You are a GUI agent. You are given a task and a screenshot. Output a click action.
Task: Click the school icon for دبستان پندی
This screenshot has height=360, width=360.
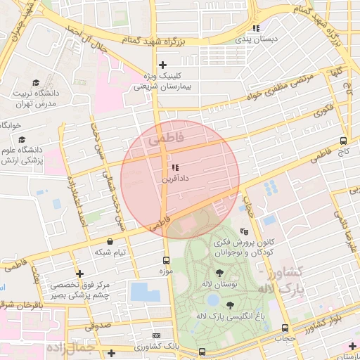pyautogui.click(x=257, y=28)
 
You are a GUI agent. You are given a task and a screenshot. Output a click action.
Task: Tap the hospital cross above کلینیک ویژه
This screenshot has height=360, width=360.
pyautogui.click(x=162, y=65)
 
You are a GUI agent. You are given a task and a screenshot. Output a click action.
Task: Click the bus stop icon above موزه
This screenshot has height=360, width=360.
pyautogui.click(x=167, y=259)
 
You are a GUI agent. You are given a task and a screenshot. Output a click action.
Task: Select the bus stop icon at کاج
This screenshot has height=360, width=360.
pyautogui.click(x=343, y=140)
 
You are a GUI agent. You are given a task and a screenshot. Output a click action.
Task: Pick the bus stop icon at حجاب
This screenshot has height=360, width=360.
pyautogui.click(x=285, y=328)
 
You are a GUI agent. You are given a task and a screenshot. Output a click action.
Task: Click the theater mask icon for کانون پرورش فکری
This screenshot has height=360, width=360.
pyautogui.click(x=244, y=231)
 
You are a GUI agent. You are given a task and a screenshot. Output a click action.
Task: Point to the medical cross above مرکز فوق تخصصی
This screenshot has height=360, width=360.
pyautogui.click(x=79, y=274)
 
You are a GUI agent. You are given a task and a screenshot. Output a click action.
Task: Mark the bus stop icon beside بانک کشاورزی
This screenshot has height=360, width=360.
pyautogui.click(x=202, y=351)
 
